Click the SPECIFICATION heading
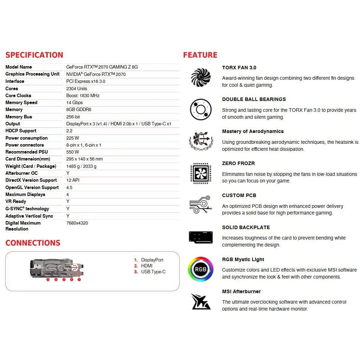pos(34,55)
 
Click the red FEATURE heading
pos(200,55)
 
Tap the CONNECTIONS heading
pos(33,243)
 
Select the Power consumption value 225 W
pos(72,138)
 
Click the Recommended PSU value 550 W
pos(72,152)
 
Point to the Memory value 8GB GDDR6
pos(79,109)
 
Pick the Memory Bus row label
pos(19,117)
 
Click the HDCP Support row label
pos(21,131)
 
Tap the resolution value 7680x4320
pos(77,223)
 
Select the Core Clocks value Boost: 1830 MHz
pos(83,95)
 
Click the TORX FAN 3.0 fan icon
pos(201,77)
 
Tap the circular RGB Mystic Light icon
pos(201,269)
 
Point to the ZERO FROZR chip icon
pos(201,173)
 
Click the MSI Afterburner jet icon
pos(201,301)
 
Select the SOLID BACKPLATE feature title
pos(246,227)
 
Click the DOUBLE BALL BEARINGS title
pos(254,99)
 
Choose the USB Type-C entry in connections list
pos(153,272)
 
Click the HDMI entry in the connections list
pos(147,266)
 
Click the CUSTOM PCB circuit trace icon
pos(201,205)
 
